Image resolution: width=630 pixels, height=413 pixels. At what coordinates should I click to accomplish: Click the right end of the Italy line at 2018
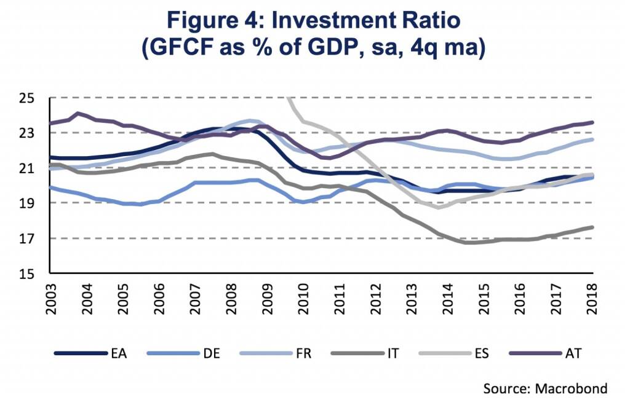coord(592,227)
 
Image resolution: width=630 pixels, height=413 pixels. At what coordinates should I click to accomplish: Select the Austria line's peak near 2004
coord(78,113)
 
